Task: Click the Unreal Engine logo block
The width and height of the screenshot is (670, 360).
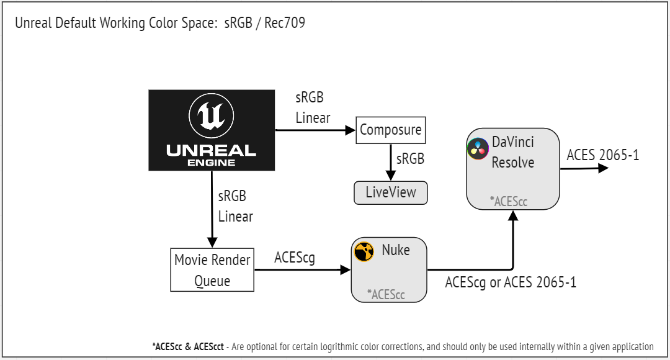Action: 212,130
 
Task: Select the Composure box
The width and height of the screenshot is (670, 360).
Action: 390,130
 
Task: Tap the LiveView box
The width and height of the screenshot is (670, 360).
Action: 391,192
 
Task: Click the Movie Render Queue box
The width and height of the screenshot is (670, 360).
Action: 212,270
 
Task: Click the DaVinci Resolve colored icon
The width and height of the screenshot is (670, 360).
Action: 477,149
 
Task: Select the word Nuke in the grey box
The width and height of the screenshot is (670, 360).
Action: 395,250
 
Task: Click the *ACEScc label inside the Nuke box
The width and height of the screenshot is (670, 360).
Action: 386,294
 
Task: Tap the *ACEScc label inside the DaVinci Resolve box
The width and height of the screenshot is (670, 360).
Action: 509,201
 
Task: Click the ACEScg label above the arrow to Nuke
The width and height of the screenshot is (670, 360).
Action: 295,258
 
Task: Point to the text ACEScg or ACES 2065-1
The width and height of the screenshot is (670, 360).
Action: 511,282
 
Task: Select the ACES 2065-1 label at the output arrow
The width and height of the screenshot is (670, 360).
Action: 602,155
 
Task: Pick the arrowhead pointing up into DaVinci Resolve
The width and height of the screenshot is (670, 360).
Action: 513,215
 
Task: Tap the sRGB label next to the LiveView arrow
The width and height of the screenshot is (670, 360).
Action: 410,159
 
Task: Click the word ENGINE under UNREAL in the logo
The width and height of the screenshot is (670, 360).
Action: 212,163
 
